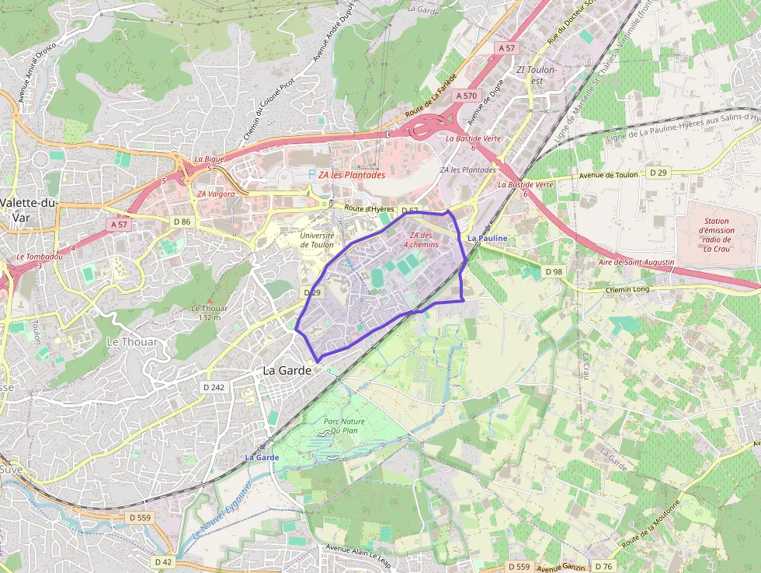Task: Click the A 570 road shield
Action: (x=467, y=96)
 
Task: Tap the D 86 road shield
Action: (x=182, y=222)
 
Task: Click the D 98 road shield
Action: (x=554, y=271)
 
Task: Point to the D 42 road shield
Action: (x=163, y=561)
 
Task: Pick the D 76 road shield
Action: (x=603, y=566)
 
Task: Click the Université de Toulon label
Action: (x=317, y=239)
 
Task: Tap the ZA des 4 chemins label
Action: (x=421, y=239)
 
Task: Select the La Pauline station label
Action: (x=488, y=238)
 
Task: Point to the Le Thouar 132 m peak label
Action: (x=210, y=312)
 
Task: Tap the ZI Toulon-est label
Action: (x=537, y=74)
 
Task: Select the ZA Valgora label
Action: (x=216, y=194)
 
